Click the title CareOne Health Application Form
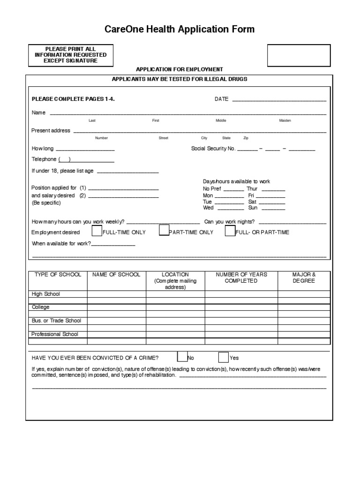180,30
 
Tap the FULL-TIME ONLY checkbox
97,231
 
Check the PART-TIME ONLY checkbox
164,230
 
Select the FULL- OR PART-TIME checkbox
230,231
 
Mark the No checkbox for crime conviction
182,357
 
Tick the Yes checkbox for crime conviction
224,357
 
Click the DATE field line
279,100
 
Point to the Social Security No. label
213,149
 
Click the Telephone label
44,159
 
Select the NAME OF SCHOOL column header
116,275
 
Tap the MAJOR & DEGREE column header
304,277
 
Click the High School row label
45,294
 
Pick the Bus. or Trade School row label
56,321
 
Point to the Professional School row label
54,335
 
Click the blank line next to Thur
273,190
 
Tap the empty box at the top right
299,55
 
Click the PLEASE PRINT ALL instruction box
70,55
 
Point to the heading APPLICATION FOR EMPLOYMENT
180,69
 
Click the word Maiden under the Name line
285,120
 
